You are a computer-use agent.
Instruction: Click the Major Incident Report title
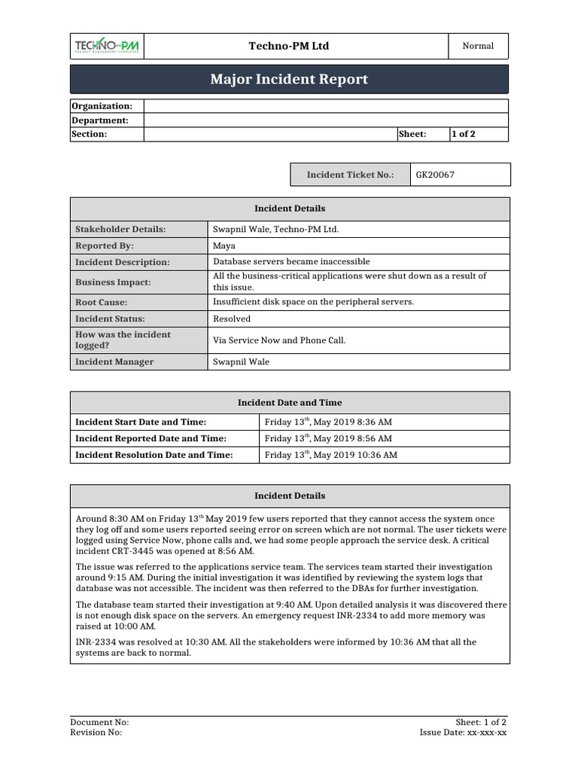(289, 79)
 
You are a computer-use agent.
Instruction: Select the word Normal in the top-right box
(478, 46)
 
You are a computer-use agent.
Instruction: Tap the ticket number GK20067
(435, 175)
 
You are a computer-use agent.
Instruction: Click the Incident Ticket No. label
(350, 175)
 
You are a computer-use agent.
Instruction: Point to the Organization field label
(102, 106)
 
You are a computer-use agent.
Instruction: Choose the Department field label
(100, 120)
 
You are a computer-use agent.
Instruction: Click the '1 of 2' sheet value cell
(463, 134)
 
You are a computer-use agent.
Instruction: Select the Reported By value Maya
(224, 245)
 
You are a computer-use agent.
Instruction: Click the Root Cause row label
(102, 302)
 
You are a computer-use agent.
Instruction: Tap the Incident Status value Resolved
(232, 318)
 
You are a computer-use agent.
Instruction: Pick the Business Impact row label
(113, 282)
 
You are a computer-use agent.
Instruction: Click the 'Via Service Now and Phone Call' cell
(279, 340)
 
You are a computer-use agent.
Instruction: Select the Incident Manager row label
(114, 362)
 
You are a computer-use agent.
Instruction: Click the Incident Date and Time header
(290, 403)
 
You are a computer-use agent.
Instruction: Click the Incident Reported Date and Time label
(151, 438)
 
